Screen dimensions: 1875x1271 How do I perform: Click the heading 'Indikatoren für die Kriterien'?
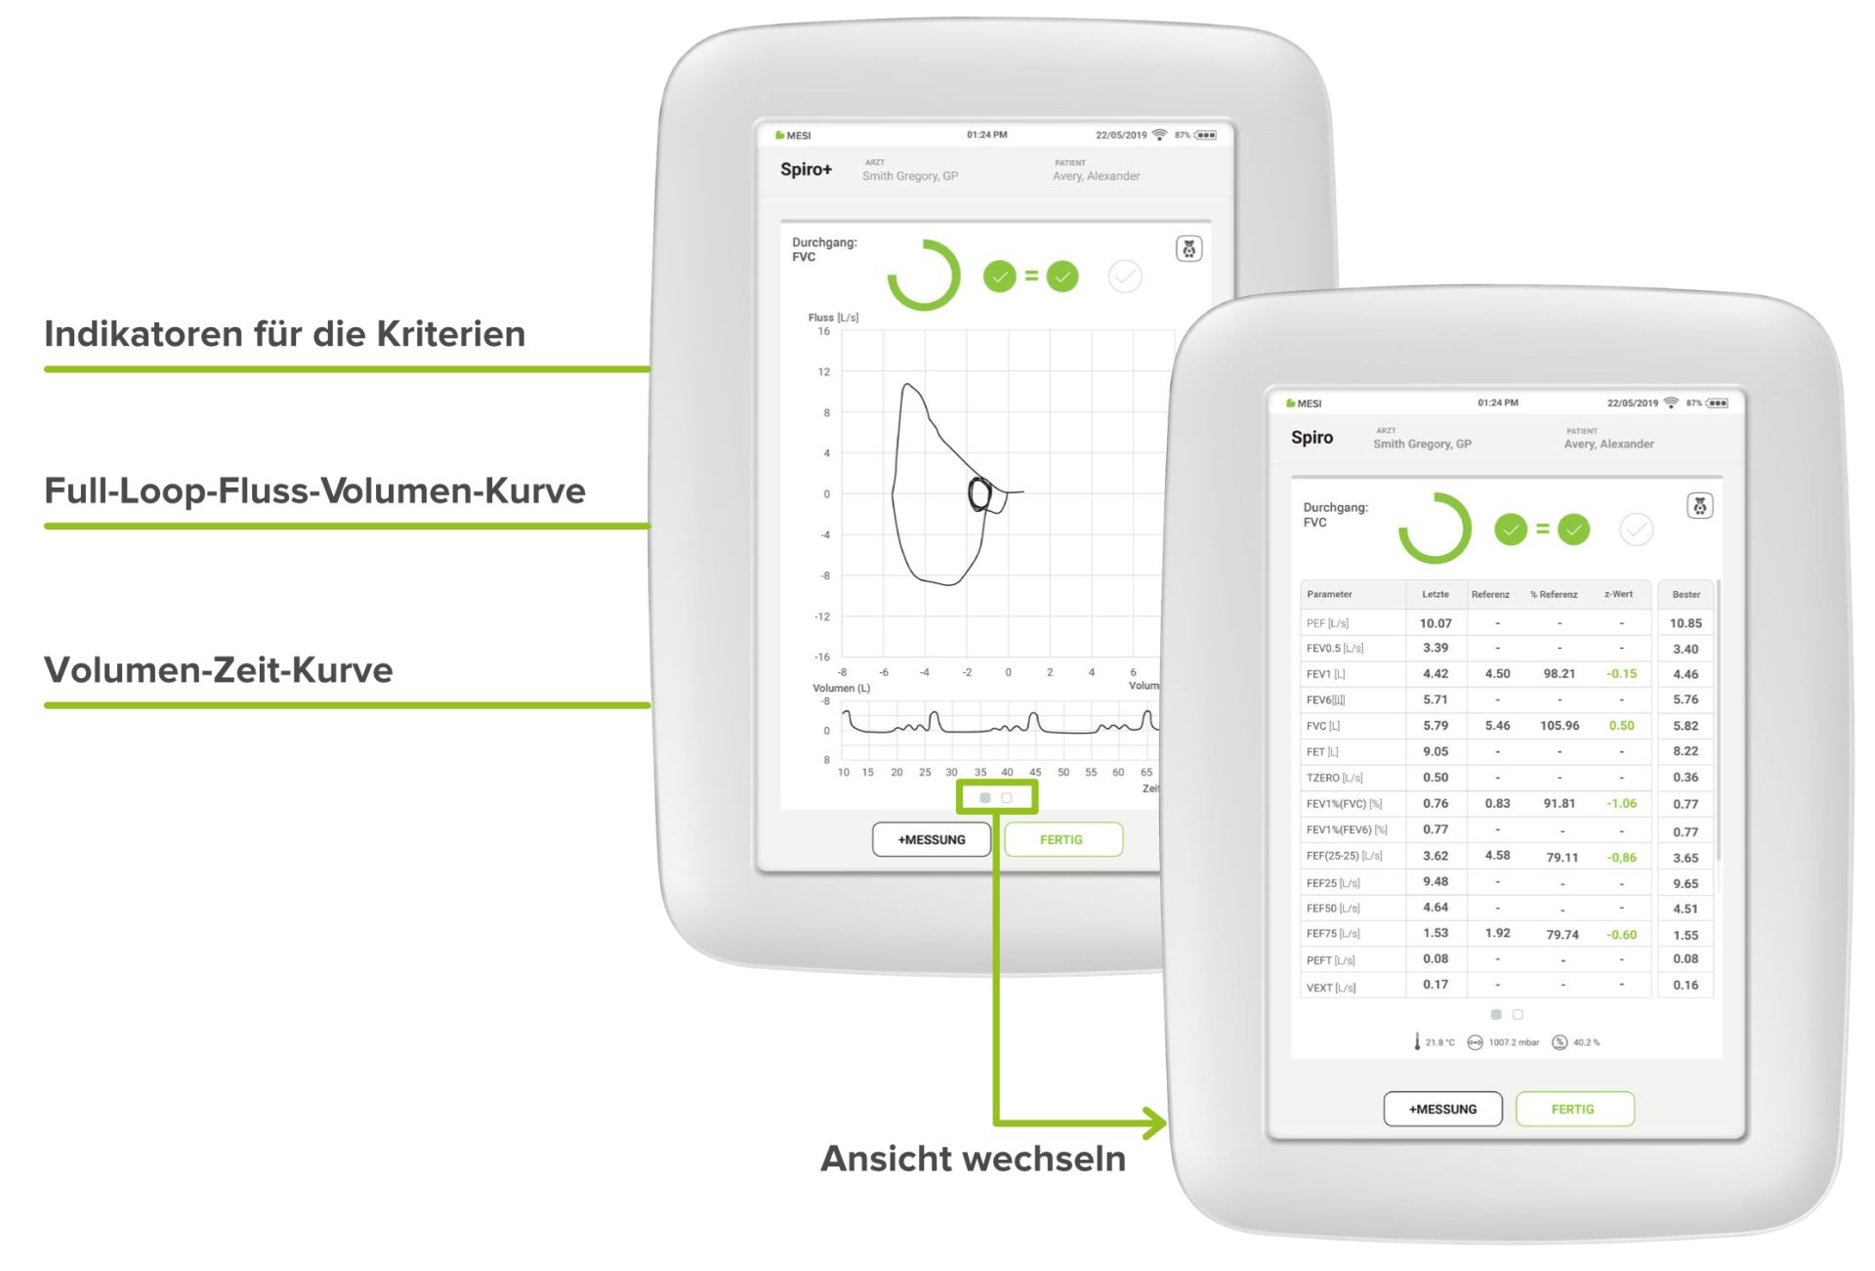point(284,334)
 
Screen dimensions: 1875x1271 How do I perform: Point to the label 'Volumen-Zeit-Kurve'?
point(219,670)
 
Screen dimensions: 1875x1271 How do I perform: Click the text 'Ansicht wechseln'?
point(973,1159)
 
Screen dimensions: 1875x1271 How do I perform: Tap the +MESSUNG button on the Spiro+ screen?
point(932,839)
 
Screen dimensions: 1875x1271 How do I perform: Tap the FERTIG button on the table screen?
point(1573,1109)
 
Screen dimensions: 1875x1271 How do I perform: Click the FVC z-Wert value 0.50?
point(1621,726)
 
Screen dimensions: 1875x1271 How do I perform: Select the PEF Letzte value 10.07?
point(1436,623)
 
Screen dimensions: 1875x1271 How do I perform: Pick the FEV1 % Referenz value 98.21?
point(1559,674)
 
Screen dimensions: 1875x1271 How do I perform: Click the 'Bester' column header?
point(1686,594)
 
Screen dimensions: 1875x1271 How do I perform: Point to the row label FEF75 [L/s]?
point(1333,934)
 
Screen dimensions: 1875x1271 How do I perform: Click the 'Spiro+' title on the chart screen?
point(806,169)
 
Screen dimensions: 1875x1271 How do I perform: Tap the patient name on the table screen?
point(1608,444)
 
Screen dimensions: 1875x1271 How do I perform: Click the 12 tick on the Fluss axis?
point(824,372)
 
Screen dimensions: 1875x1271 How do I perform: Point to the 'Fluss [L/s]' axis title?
point(833,318)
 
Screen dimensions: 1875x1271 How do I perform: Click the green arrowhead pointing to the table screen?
point(1156,1123)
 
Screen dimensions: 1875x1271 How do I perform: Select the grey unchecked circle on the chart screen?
point(1125,276)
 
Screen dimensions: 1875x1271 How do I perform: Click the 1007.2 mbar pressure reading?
point(1513,1042)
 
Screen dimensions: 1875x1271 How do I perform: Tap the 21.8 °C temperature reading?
point(1439,1042)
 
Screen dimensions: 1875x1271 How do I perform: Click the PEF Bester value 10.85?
point(1686,623)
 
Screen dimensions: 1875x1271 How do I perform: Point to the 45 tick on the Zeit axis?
point(1035,772)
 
